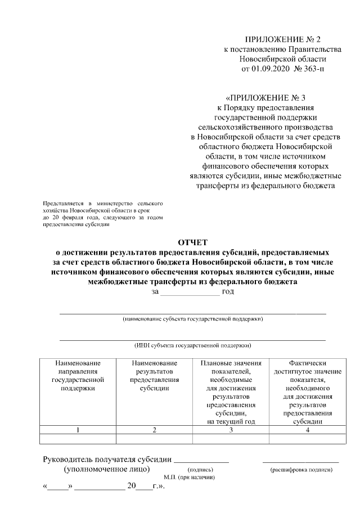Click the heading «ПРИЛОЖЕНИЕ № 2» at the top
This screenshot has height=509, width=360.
282,39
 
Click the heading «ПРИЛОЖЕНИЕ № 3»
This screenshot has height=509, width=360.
265,97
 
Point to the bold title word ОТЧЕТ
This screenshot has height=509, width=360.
193,242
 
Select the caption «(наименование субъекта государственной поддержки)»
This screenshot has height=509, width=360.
193,319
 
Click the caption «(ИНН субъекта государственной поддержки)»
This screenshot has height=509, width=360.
193,346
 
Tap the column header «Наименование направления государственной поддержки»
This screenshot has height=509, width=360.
78,376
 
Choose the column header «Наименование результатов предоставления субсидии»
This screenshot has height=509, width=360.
154,376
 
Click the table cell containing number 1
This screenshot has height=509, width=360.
78,430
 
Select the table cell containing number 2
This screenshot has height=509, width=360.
154,430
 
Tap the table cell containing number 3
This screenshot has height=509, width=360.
231,430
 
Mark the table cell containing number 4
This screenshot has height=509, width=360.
307,430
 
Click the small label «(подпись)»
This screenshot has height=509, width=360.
200,469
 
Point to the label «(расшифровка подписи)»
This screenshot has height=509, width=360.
301,469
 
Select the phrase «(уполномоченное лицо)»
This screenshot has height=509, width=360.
107,468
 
